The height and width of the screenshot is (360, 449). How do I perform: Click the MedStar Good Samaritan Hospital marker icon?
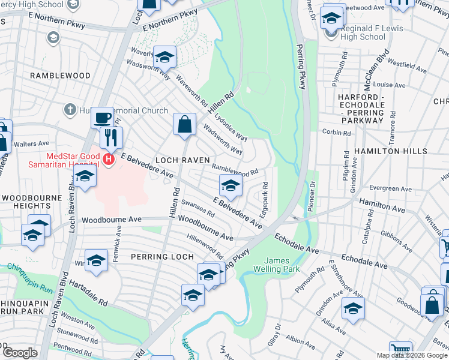[x=109, y=159]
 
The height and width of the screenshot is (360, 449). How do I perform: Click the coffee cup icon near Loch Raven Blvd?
[x=103, y=118]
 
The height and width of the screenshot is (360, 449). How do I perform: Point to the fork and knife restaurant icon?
[x=112, y=137]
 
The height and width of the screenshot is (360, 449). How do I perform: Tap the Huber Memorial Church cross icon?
[x=70, y=110]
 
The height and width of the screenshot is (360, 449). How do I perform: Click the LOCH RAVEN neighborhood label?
[x=182, y=160]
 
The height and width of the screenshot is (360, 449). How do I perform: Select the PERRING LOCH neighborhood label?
[x=160, y=257]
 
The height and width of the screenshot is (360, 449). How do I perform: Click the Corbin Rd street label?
[x=337, y=133]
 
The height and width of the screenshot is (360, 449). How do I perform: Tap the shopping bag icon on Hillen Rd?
[x=185, y=125]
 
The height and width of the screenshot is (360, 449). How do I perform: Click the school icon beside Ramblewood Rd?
[x=230, y=186]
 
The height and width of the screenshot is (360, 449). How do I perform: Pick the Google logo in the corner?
[x=20, y=352]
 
